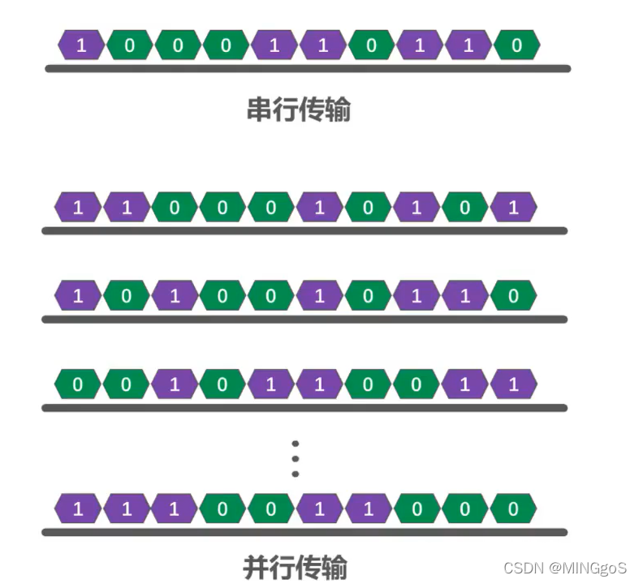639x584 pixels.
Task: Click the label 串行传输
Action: (x=298, y=109)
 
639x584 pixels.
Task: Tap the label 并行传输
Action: (x=296, y=566)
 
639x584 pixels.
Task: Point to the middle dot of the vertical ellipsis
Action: (x=296, y=458)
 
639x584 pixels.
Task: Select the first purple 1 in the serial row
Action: (x=82, y=45)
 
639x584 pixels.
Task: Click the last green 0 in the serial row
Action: (x=517, y=45)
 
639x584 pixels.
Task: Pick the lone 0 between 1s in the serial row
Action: (x=371, y=45)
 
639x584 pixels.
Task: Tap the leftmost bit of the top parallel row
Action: (x=78, y=208)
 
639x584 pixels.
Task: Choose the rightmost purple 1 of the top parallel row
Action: (x=513, y=208)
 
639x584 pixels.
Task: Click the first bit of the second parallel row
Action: (x=78, y=296)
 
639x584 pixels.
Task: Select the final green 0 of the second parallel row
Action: (x=513, y=296)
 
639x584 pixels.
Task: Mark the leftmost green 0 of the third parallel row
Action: (x=78, y=384)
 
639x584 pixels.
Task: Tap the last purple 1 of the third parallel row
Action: (x=513, y=384)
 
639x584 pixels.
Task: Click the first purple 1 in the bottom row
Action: (x=78, y=509)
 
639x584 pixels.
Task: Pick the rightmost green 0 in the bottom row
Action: (x=513, y=509)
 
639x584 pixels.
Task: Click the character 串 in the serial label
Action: (x=259, y=109)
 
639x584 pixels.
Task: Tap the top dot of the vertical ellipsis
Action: (x=296, y=444)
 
